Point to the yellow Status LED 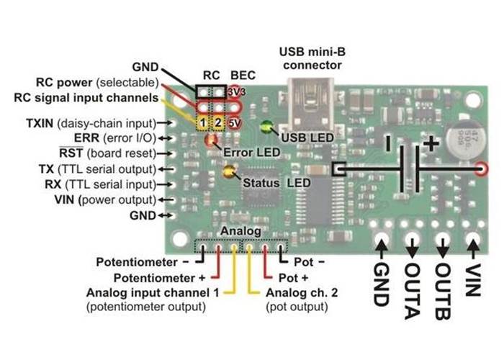pos(230,172)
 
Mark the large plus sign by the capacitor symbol pos(431,143)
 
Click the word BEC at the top pos(238,74)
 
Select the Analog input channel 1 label pos(153,293)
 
